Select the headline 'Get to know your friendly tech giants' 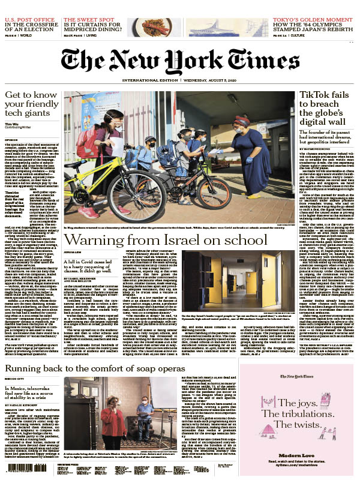pyautogui.click(x=31, y=106)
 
